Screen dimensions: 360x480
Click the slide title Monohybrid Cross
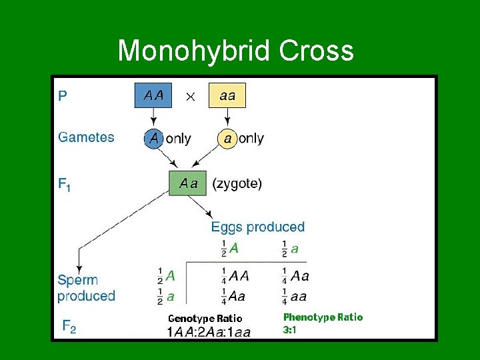(x=235, y=51)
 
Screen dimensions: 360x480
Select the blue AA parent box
(x=153, y=95)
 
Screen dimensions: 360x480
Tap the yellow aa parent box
(x=227, y=95)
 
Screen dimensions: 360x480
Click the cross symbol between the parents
(x=191, y=96)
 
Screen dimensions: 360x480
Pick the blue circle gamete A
(x=154, y=138)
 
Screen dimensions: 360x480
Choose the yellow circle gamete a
(x=227, y=138)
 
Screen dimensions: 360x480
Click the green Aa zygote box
(x=188, y=183)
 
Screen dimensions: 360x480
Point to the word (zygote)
(x=237, y=183)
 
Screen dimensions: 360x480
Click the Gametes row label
(x=86, y=137)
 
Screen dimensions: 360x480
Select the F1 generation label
(x=65, y=185)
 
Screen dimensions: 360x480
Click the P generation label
(x=63, y=96)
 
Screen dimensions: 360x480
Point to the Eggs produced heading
(x=257, y=227)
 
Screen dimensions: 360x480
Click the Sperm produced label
(x=86, y=288)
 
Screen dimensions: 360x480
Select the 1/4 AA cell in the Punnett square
(x=234, y=275)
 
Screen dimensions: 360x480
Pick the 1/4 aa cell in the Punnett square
(x=294, y=295)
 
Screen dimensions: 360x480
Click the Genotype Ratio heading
(x=205, y=318)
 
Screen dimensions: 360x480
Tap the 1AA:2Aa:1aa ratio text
(x=208, y=332)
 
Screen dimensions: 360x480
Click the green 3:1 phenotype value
(x=289, y=329)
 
